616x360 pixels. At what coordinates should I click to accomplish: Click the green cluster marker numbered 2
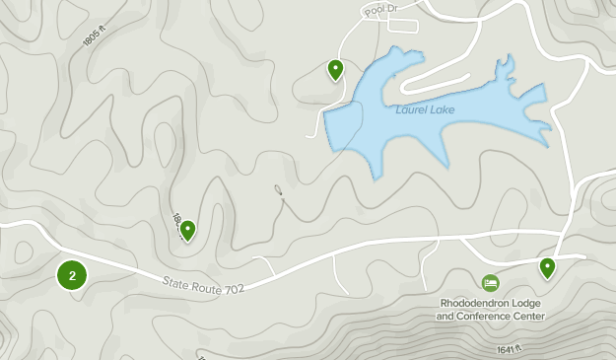click(x=72, y=275)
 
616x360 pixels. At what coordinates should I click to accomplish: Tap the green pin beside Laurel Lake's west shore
click(x=335, y=69)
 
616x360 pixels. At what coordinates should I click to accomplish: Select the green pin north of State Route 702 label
click(x=187, y=230)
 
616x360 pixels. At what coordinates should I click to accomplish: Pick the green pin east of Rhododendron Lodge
click(x=547, y=266)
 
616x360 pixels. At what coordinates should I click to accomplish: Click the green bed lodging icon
click(x=490, y=283)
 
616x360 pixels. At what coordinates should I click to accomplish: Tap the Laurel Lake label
click(x=427, y=109)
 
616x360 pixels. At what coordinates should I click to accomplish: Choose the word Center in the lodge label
click(x=528, y=316)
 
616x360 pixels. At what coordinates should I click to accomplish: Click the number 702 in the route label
click(x=234, y=287)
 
